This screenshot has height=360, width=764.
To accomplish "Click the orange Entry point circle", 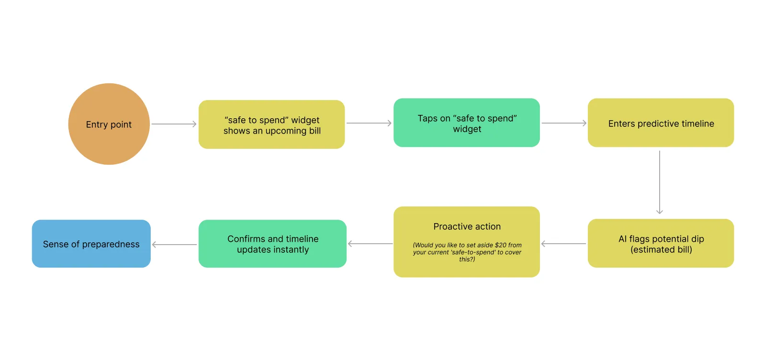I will [x=109, y=124].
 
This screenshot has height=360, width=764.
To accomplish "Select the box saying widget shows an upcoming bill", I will [x=272, y=124].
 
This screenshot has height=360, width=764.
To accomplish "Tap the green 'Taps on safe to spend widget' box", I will [x=467, y=123].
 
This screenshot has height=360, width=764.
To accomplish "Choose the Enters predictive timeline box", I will [x=661, y=123].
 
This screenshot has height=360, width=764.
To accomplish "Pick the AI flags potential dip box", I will [x=661, y=243].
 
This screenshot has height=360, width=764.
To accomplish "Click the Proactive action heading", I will [x=467, y=226].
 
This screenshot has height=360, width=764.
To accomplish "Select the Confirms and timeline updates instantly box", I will [x=272, y=244].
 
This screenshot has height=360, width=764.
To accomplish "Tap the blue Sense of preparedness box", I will [x=91, y=244].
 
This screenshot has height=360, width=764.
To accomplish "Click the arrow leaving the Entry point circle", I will [x=174, y=124].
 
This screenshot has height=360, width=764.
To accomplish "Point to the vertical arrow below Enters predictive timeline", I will [x=660, y=182].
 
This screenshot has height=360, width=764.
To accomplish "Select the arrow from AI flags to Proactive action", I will [x=563, y=244].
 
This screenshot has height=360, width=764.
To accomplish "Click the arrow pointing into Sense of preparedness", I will [x=174, y=245].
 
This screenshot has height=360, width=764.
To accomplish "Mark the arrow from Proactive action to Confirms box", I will [x=370, y=244].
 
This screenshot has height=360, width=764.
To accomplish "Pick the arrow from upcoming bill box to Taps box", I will [x=369, y=123].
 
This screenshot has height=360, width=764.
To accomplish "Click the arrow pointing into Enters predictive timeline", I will [x=564, y=123].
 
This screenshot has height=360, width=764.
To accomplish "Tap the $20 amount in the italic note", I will [x=501, y=245].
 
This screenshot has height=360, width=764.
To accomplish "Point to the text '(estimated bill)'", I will [x=661, y=249].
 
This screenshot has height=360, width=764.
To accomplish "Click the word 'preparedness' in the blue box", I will [x=111, y=244].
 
